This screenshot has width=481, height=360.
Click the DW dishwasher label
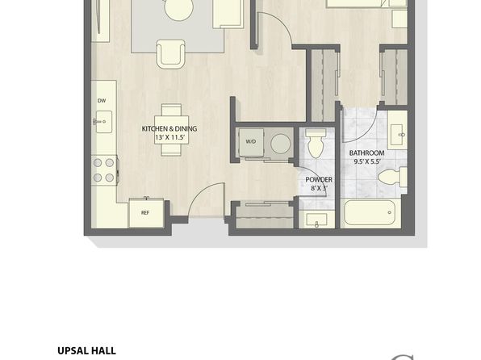(102, 101)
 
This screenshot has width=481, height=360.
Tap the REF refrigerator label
(145, 212)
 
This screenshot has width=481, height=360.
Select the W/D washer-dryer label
(251, 142)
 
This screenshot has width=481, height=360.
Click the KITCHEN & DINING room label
(169, 129)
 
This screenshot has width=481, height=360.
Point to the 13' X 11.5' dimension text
(170, 137)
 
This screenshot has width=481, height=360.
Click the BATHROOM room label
(366, 153)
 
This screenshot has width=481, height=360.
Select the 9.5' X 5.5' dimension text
(367, 161)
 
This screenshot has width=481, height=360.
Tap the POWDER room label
(319, 180)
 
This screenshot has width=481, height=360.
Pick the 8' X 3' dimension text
(320, 188)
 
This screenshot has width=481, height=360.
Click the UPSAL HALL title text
(86, 350)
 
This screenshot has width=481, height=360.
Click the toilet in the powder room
(316, 144)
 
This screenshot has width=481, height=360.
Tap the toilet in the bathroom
(392, 178)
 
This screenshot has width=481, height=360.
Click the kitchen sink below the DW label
(103, 122)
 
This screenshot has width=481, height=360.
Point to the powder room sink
(317, 220)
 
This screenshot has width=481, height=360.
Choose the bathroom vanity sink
(396, 135)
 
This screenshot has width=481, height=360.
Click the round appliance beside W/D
(280, 144)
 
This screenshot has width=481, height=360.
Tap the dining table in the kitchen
(171, 130)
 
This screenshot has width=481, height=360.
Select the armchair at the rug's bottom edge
(171, 54)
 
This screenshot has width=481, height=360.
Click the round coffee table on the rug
(179, 9)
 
